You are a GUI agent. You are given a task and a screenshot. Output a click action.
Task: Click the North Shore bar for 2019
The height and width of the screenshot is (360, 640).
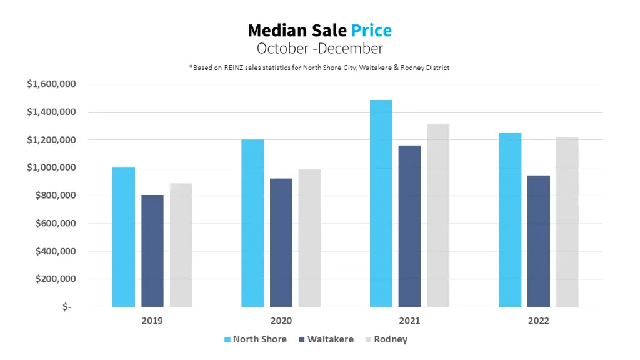point(124,237)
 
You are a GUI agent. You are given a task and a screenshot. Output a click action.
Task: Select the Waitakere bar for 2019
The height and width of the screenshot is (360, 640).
point(152,251)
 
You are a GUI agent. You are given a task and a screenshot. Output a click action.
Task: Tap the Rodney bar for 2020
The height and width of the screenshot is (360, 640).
point(309,238)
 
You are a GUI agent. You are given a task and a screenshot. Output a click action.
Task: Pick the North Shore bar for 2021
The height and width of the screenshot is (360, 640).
point(381,203)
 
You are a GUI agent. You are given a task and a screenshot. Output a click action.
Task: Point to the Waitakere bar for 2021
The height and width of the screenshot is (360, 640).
point(410,226)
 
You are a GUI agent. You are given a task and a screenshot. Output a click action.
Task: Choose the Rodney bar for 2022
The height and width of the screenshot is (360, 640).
point(567,222)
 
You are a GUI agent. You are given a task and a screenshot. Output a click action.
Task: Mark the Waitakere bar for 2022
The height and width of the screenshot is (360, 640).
point(539,241)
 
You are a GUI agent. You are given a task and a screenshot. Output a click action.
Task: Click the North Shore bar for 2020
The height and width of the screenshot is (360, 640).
point(252,223)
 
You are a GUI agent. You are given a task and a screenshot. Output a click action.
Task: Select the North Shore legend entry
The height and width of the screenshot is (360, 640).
point(255,339)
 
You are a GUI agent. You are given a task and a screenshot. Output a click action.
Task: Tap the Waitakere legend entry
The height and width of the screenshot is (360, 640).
point(326,339)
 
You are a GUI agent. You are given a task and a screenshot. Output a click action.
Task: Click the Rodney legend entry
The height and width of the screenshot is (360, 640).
point(386,339)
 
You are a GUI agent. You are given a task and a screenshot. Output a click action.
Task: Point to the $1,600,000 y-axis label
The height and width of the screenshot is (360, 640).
point(52,84)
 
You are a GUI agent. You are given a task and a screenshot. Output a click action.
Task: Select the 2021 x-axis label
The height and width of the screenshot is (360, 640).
point(409,321)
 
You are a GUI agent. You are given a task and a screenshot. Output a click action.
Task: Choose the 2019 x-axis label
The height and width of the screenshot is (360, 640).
point(152,321)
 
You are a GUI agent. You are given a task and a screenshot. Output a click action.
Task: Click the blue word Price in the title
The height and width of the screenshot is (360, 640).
point(371,30)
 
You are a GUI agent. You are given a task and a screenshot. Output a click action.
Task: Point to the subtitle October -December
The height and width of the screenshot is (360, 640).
point(319,48)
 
